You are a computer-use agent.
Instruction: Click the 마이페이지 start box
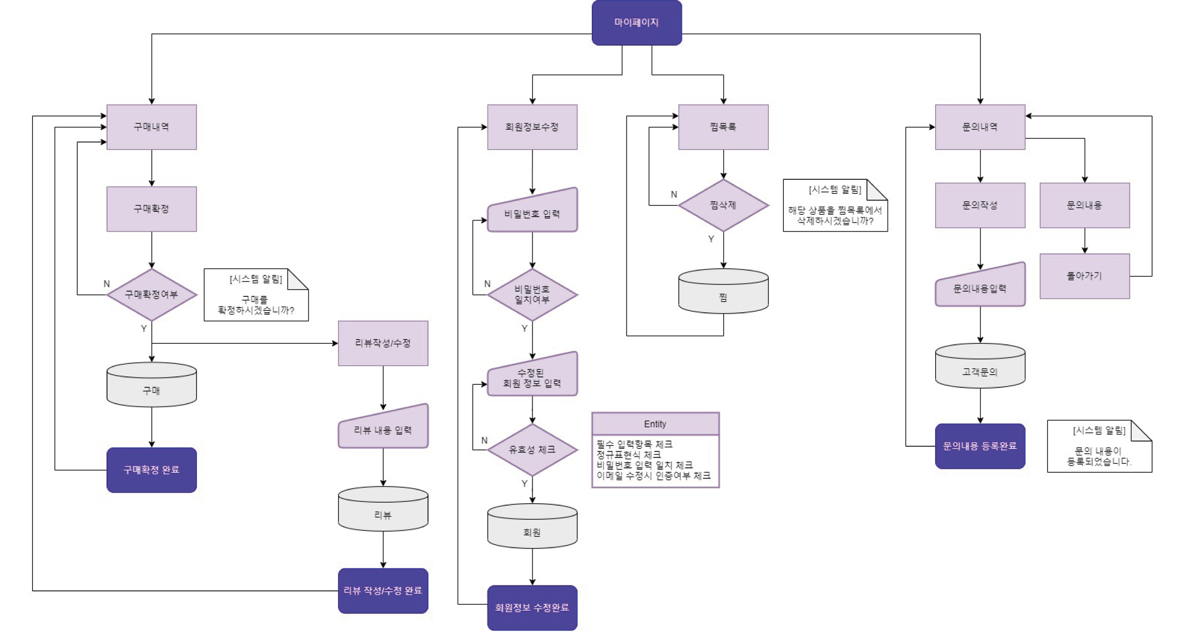(636, 22)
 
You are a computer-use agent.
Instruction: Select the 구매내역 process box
(151, 127)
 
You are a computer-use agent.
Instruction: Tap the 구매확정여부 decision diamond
(151, 294)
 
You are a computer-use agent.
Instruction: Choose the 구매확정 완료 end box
(151, 470)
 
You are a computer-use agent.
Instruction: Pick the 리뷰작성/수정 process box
(383, 343)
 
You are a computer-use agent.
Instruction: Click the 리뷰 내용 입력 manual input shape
(383, 428)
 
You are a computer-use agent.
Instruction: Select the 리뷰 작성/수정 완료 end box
(383, 590)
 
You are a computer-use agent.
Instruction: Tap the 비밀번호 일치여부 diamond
(532, 294)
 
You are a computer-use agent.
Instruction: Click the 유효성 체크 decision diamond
(532, 450)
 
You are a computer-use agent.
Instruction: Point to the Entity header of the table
(655, 424)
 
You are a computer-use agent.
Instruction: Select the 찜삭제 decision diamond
(723, 205)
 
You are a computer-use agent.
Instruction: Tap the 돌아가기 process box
(1084, 276)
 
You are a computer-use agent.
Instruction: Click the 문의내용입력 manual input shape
(980, 288)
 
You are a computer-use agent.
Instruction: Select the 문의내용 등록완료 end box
(980, 446)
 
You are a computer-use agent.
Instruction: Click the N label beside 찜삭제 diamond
(674, 194)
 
